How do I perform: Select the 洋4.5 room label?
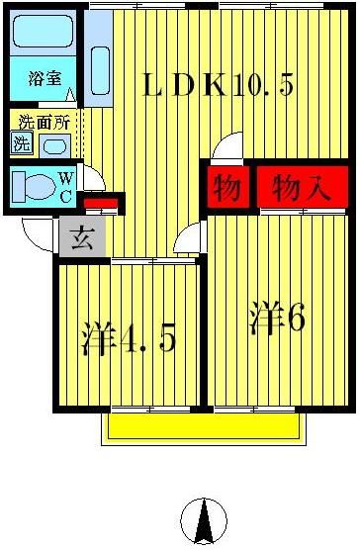[x=128, y=338]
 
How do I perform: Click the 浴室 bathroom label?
[x=44, y=77]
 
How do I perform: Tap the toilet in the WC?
[x=36, y=186]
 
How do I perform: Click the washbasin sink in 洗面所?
[x=55, y=146]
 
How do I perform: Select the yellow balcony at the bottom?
[x=202, y=426]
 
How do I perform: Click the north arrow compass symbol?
[x=204, y=519]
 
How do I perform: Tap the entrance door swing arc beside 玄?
[x=37, y=234]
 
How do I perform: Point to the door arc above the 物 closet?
[x=227, y=147]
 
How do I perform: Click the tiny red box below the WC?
[x=100, y=205]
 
